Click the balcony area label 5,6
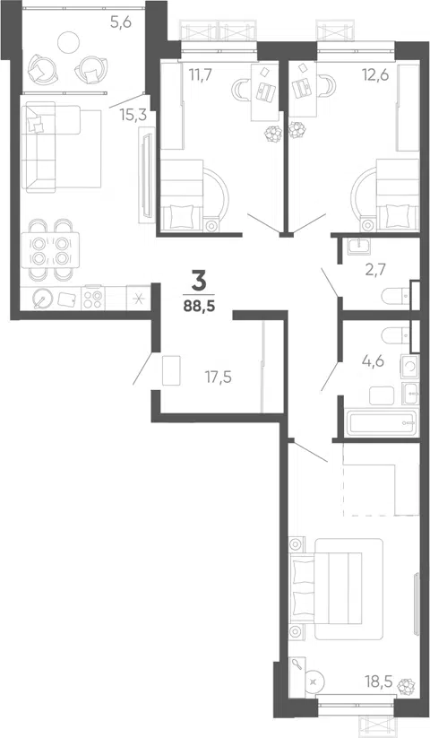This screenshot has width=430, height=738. click(120, 22)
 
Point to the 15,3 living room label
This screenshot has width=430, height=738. click(132, 116)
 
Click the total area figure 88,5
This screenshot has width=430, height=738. click(199, 307)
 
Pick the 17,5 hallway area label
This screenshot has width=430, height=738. click(218, 377)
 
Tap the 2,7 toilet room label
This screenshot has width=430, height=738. click(376, 270)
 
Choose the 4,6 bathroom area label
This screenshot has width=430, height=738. click(374, 361)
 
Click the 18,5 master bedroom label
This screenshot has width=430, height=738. click(379, 681)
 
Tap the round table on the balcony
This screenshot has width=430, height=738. click(69, 42)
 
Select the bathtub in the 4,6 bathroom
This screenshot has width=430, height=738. click(381, 423)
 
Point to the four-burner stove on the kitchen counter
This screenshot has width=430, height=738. click(93, 299)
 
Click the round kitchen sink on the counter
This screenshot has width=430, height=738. click(43, 298)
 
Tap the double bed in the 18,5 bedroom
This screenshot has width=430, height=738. click(337, 589)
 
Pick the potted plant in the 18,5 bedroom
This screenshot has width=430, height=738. click(406, 686)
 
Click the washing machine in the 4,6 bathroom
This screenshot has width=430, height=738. click(409, 367)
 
